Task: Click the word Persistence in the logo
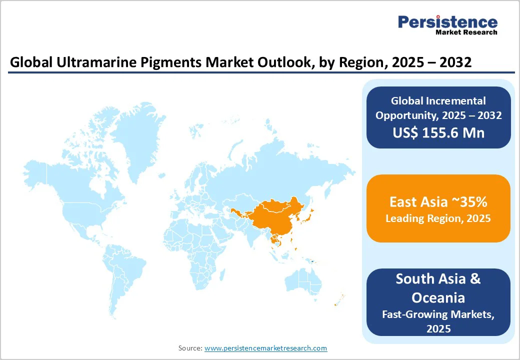(x=447, y=22)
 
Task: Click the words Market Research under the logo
(x=466, y=32)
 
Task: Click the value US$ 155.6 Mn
(x=438, y=133)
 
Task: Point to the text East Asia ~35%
(x=438, y=202)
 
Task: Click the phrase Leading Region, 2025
(x=438, y=218)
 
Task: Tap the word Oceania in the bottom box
(x=438, y=297)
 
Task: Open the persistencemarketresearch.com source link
(x=265, y=348)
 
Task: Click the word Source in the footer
(x=190, y=348)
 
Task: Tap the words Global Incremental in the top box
(x=438, y=101)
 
